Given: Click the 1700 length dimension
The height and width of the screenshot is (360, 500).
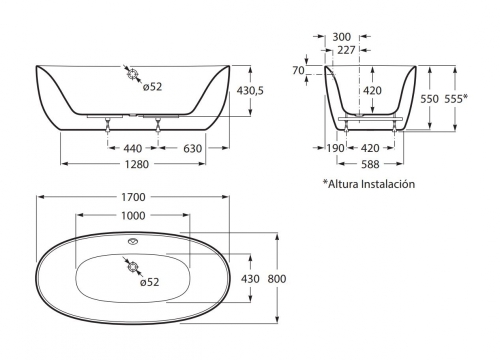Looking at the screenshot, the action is [x=133, y=197].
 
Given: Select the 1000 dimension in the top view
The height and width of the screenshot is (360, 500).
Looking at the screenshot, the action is [x=133, y=216].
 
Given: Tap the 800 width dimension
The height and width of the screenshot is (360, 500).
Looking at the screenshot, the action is [x=277, y=279].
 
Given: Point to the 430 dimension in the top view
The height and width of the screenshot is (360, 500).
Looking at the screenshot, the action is [x=250, y=279].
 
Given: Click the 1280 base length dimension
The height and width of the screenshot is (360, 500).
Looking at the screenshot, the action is [x=136, y=164].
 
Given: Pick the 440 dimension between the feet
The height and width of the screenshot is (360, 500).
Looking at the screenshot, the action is [x=133, y=148].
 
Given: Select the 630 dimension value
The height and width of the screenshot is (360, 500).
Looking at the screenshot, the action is [x=193, y=148].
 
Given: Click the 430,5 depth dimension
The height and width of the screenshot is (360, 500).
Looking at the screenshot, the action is [x=250, y=90].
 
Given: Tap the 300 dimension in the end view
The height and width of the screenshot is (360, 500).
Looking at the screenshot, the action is [x=342, y=37].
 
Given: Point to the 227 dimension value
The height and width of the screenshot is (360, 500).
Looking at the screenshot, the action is [x=346, y=50].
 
